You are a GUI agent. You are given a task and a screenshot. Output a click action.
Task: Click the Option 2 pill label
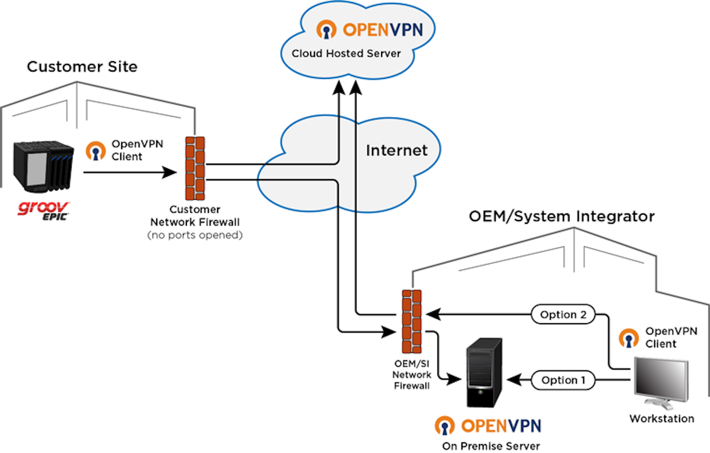click(563, 314)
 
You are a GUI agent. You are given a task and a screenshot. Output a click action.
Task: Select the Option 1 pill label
click(563, 380)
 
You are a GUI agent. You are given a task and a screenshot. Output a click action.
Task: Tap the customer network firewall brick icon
click(195, 168)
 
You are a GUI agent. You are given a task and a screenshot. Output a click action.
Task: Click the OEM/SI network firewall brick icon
click(412, 321)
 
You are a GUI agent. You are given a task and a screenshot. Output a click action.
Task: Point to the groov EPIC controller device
click(43, 166)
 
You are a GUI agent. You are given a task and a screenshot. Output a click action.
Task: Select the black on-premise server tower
click(484, 373)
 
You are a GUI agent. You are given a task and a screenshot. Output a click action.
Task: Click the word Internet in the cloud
click(396, 150)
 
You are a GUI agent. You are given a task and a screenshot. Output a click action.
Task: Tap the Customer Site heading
click(82, 67)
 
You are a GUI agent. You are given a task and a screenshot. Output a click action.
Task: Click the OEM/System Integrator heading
click(562, 216)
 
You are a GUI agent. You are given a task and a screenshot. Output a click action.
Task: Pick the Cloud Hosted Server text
click(346, 53)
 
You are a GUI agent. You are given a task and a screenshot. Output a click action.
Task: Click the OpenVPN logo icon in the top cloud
click(326, 30)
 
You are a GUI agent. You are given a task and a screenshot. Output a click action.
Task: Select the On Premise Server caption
click(491, 446)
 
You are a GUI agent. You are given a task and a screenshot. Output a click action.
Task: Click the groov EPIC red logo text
click(43, 209)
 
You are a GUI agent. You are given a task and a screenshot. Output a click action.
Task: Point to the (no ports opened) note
click(195, 235)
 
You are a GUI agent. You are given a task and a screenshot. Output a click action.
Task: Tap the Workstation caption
click(662, 418)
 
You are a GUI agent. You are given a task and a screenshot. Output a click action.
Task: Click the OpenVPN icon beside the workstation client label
click(629, 338)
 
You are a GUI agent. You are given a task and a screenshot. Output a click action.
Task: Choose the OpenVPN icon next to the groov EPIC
click(96, 151)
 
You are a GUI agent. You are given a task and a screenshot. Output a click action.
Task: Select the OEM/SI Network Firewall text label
click(412, 375)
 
